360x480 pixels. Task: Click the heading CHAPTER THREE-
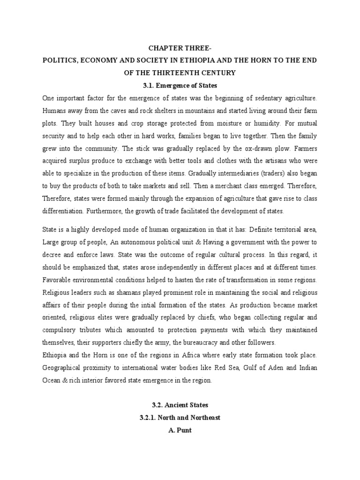tap(180, 48)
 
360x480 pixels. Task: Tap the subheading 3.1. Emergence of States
tap(180, 86)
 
